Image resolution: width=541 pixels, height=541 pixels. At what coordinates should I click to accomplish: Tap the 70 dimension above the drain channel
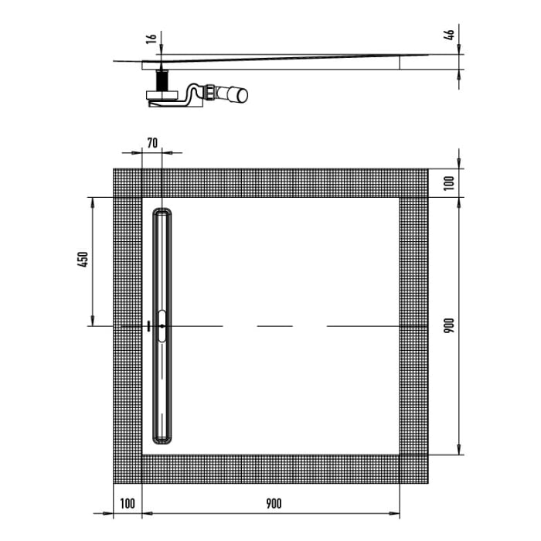click(151, 142)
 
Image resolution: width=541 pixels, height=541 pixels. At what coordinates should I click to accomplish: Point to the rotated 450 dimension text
click(84, 260)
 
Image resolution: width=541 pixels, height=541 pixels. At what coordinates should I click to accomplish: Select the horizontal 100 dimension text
click(128, 503)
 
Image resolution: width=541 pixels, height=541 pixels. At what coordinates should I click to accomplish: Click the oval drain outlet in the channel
click(162, 325)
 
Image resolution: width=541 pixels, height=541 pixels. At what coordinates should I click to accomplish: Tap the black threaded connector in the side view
click(162, 80)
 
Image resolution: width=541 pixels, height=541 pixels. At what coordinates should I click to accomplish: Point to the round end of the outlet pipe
click(243, 95)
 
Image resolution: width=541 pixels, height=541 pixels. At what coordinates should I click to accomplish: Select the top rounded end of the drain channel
click(162, 213)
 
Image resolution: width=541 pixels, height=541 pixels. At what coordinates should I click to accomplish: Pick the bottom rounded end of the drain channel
click(162, 440)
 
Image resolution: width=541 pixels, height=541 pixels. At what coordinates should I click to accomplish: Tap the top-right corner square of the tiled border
click(413, 182)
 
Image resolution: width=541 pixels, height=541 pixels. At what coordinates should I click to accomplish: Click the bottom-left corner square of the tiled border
click(128, 468)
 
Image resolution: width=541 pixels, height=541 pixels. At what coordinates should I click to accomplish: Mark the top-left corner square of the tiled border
click(128, 182)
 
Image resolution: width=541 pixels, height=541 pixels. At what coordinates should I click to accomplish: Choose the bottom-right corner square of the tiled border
click(413, 468)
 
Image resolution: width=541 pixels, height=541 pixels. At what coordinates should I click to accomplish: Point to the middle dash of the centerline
click(274, 325)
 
